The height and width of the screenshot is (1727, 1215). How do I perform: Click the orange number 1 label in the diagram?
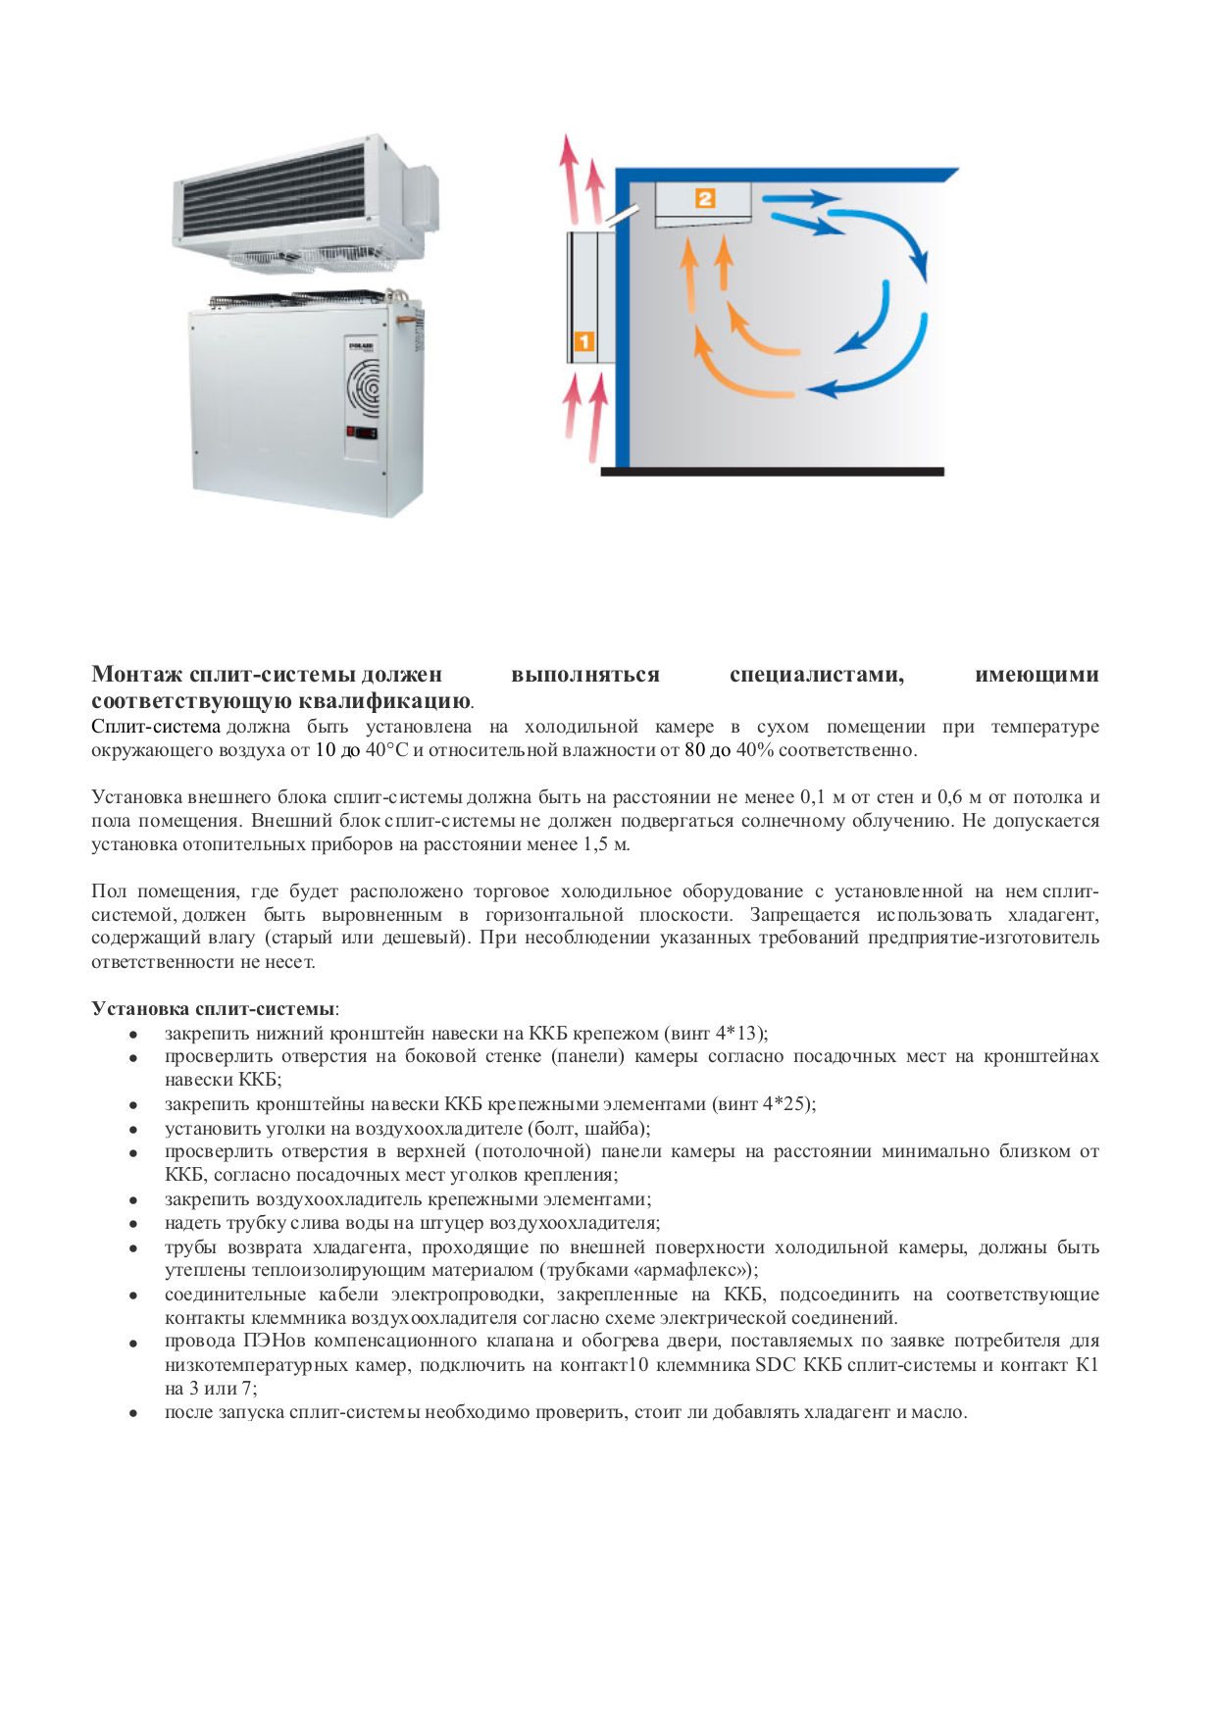582,342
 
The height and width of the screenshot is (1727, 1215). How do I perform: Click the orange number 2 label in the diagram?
704,198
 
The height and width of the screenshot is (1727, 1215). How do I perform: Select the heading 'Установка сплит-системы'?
213,1008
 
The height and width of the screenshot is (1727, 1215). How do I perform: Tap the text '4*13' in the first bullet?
737,1033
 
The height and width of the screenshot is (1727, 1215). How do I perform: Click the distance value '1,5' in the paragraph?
595,844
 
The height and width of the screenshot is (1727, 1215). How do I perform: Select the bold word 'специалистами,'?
816,675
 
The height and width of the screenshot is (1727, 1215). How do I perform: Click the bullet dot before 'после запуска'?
132,1414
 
